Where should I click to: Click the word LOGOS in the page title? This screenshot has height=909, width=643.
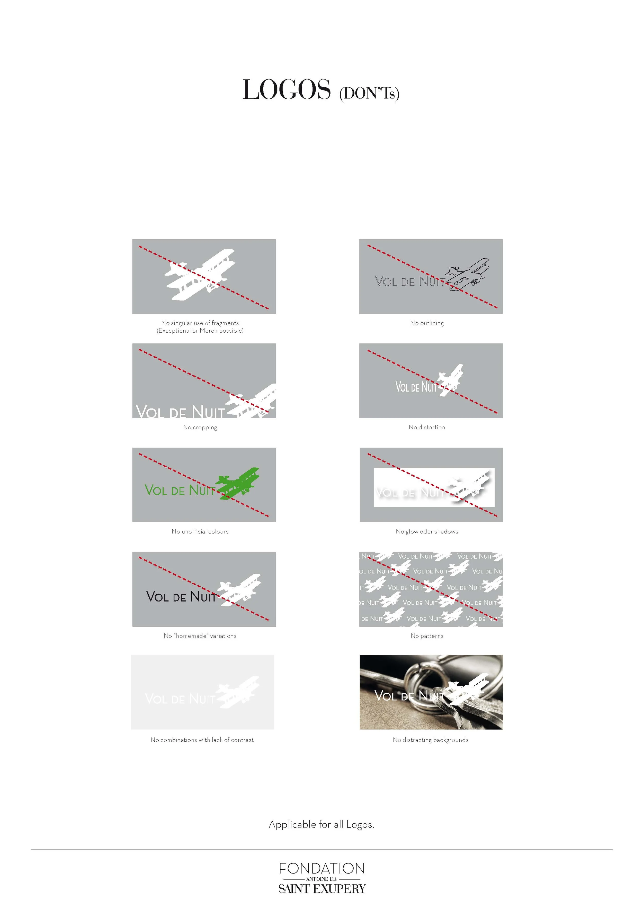click(x=287, y=90)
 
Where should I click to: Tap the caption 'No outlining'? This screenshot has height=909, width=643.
click(x=427, y=323)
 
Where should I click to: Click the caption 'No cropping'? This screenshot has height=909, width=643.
click(x=200, y=427)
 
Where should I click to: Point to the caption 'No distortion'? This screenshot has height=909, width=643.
click(x=427, y=427)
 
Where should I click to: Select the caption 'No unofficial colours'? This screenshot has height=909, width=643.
click(x=200, y=531)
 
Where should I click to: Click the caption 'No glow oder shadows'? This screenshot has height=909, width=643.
click(x=427, y=531)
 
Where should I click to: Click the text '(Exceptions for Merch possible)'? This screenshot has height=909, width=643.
click(x=200, y=331)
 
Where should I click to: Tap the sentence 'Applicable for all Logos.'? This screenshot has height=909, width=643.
click(x=321, y=825)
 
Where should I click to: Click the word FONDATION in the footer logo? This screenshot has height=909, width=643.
click(x=321, y=869)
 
